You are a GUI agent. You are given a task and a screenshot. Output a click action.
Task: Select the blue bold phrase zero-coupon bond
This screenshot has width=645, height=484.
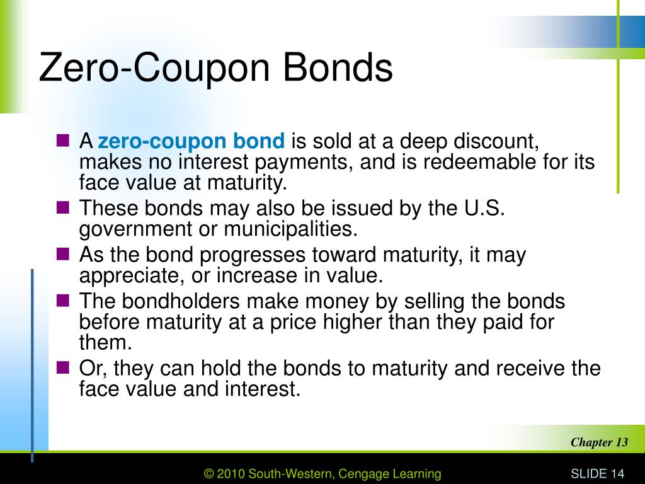tap(191, 141)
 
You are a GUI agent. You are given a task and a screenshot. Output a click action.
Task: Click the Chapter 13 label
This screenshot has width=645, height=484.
tap(599, 442)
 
